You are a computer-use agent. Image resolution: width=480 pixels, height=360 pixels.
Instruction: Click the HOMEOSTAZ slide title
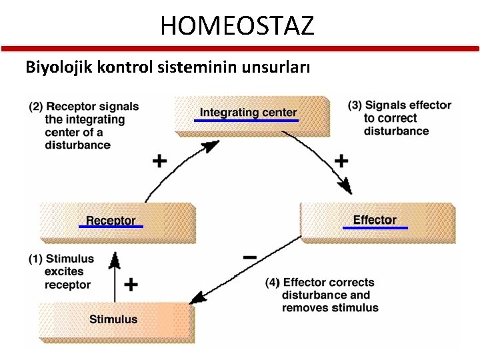237,25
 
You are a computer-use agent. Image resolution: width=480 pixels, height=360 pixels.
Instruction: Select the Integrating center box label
248,112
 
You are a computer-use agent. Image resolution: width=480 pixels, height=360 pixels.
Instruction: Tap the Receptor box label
111,220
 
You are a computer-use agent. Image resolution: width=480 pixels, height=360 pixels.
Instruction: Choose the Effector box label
374,219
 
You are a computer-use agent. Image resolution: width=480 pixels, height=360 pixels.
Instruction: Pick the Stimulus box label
113,319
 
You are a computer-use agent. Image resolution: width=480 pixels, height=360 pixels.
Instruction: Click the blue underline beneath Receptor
111,227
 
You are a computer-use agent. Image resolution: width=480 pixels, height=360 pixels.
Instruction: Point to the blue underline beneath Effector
375,228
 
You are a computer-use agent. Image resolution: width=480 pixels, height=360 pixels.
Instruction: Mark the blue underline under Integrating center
247,120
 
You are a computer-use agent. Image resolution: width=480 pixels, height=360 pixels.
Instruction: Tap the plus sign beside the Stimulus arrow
131,285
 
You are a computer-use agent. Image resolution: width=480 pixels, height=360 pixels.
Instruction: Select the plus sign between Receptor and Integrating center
159,161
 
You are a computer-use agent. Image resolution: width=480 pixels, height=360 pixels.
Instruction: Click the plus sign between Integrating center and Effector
341,161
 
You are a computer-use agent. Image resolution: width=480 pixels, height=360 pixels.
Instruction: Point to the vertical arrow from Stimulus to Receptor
115,277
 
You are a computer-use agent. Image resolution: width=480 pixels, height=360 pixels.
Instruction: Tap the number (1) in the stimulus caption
35,259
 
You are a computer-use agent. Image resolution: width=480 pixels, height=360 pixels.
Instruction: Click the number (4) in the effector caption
273,283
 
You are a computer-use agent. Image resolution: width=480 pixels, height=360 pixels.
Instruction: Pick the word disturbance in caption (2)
77,145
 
